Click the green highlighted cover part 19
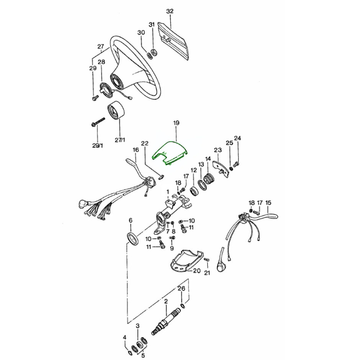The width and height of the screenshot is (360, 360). click(170, 153)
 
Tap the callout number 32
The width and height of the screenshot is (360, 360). click(170, 11)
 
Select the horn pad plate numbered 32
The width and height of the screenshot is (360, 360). click(174, 40)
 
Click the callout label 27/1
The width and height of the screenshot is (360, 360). click(120, 139)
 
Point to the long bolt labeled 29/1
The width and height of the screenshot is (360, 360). click(98, 122)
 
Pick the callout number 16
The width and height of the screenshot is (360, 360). click(136, 150)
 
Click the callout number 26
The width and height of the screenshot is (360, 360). click(182, 288)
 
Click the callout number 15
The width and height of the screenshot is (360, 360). click(268, 203)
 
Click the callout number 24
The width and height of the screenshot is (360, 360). click(237, 138)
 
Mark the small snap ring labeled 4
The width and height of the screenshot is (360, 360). click(130, 353)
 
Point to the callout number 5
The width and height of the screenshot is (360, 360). click(143, 355)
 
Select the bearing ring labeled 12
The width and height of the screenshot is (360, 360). click(194, 191)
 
